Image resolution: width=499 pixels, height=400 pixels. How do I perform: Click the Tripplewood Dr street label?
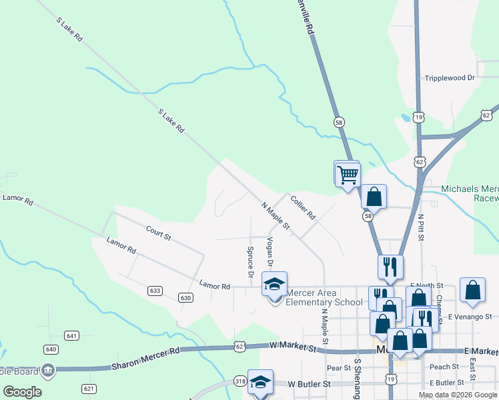(450, 78)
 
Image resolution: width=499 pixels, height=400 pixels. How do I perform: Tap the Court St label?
(159, 233)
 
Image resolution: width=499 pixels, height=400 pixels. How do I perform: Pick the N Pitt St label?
(421, 228)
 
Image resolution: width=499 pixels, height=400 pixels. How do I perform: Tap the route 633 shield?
(155, 291)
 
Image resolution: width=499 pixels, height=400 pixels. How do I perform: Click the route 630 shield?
(186, 297)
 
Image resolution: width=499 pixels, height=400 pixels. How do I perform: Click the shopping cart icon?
(347, 174)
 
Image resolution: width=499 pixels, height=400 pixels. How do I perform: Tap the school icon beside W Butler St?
(260, 382)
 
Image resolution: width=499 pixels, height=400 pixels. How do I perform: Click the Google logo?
(22, 391)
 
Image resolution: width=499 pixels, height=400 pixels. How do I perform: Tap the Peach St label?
(444, 367)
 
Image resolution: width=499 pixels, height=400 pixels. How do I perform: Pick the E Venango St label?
(470, 316)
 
